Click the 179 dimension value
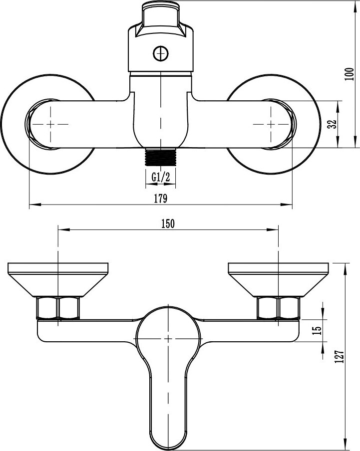point(160,199)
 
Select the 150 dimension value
point(168,224)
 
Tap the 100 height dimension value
point(349,74)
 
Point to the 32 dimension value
point(333,124)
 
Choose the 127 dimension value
point(340,356)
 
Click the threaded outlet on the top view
point(161,157)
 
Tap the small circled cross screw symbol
point(161,54)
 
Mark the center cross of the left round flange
point(50,124)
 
